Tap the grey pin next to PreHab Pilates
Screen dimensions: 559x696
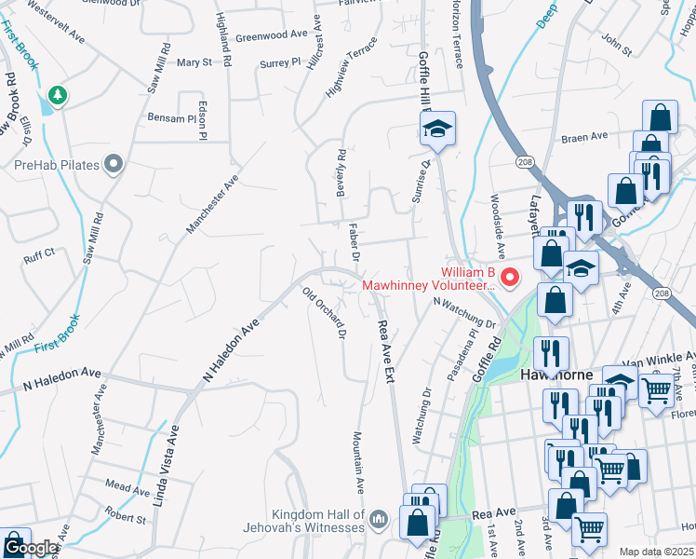point(114,165)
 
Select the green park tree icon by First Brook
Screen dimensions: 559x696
point(58,95)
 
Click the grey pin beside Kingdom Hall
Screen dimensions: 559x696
point(378,518)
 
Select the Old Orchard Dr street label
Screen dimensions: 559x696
point(325,313)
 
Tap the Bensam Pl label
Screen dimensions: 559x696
point(172,119)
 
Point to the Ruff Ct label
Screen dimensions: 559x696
point(40,252)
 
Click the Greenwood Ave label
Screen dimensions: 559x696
point(271,34)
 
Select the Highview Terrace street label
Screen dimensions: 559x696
point(352,68)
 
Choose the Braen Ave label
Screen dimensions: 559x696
point(584,138)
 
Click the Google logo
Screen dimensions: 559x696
point(31,548)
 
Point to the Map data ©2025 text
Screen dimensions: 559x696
point(655,552)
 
